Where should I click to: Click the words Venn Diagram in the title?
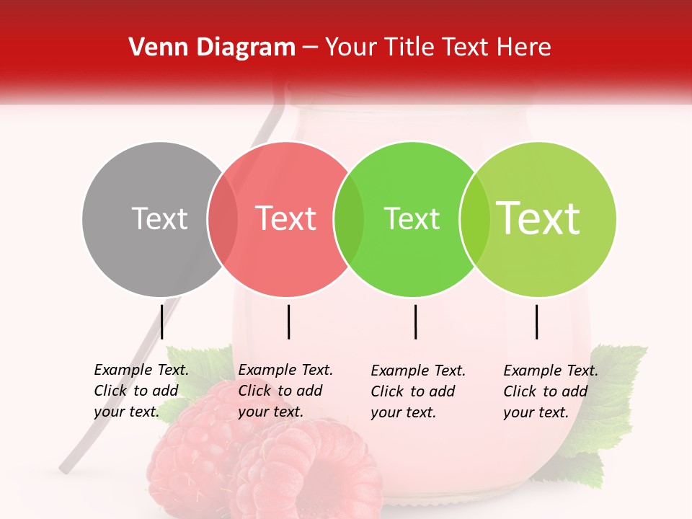(212, 48)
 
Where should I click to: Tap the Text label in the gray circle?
(159, 218)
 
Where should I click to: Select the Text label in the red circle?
(285, 218)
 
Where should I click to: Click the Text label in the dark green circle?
(412, 218)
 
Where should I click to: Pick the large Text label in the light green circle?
(538, 218)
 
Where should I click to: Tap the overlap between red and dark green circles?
(349, 219)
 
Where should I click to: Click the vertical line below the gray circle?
(161, 321)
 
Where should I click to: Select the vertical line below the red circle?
(288, 321)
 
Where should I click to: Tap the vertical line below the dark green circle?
(415, 321)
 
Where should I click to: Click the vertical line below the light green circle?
(536, 321)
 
